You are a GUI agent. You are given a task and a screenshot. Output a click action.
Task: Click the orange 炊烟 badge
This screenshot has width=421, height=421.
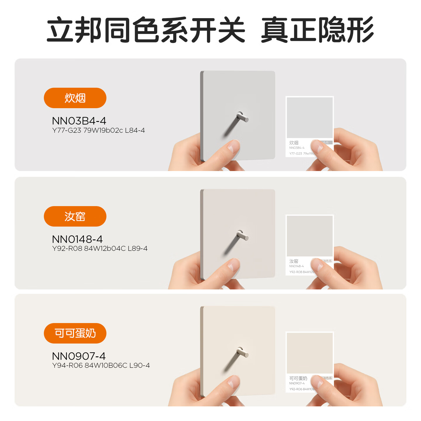coord(75,98)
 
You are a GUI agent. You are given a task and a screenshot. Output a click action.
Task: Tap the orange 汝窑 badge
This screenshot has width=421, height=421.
coord(75,216)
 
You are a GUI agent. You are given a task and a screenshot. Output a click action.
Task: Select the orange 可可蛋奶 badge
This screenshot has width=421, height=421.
coord(75,333)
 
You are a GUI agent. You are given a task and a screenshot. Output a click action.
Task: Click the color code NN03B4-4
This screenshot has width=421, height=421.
coord(79,121)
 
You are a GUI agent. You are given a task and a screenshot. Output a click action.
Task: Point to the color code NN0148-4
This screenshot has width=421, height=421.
coord(77,239)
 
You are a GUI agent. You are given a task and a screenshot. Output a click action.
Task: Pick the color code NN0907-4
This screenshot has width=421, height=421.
coord(79,356)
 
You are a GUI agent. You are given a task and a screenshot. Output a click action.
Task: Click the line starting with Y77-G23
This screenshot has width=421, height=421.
coord(99,130)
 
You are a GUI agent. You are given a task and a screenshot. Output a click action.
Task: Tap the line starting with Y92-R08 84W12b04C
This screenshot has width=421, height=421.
coord(100,249)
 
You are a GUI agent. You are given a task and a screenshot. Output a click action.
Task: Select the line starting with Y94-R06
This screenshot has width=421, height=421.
coord(101,365)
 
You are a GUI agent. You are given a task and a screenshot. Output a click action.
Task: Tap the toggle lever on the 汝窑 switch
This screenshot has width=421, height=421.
coord(242,236)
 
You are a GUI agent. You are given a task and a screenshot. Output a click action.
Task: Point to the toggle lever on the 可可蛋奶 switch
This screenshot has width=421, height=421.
coord(242,353)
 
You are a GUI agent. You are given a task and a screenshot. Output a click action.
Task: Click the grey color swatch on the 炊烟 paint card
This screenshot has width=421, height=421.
coord(310,118)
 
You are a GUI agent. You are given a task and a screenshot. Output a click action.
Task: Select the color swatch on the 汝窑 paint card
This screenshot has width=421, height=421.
coord(310,236)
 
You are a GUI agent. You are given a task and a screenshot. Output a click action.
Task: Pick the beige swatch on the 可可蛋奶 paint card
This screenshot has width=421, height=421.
coord(310,353)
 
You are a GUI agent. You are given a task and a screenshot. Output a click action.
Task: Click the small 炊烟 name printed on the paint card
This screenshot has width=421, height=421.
coord(294,143)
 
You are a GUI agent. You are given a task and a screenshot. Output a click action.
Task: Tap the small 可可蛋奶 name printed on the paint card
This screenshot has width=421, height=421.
coord(298,378)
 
